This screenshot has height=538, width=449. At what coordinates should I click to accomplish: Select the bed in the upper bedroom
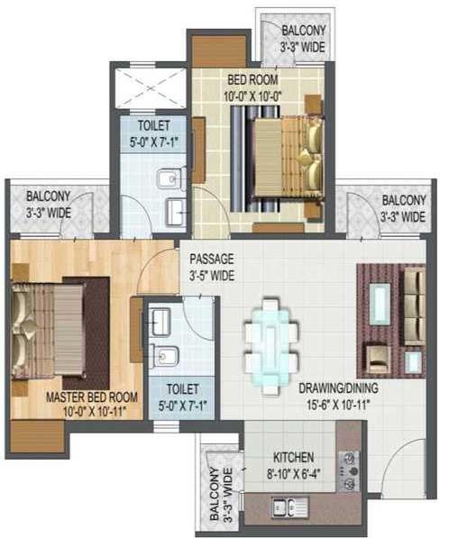tap(284, 159)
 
